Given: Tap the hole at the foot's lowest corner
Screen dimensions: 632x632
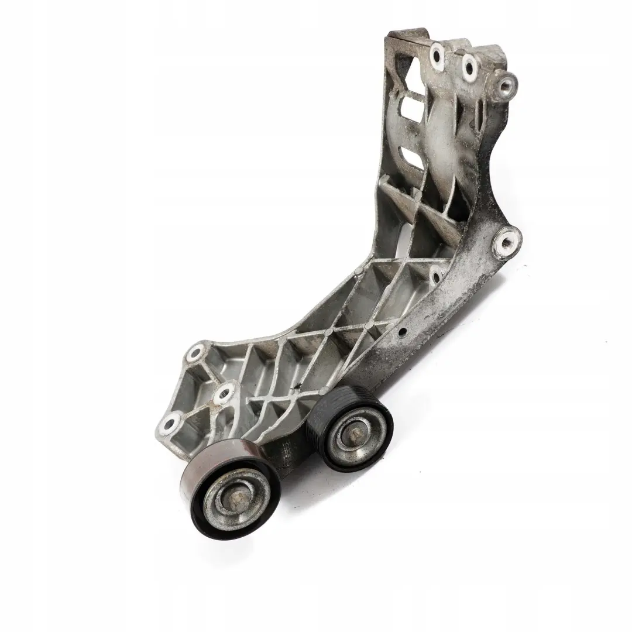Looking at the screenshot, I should (171, 423).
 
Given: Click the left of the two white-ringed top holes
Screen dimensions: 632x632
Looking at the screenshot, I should (436, 55).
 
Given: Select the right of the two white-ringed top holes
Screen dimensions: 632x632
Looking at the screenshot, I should (469, 67).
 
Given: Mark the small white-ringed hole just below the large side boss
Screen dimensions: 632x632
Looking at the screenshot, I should (435, 276).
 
